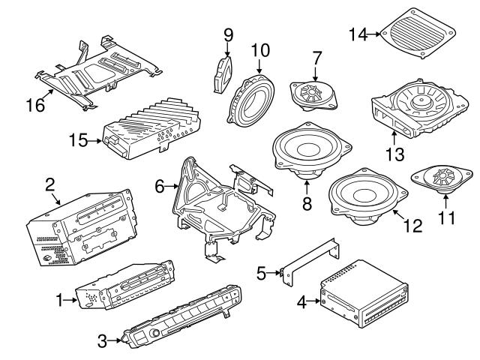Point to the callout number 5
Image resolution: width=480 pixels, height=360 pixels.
point(261,273)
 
